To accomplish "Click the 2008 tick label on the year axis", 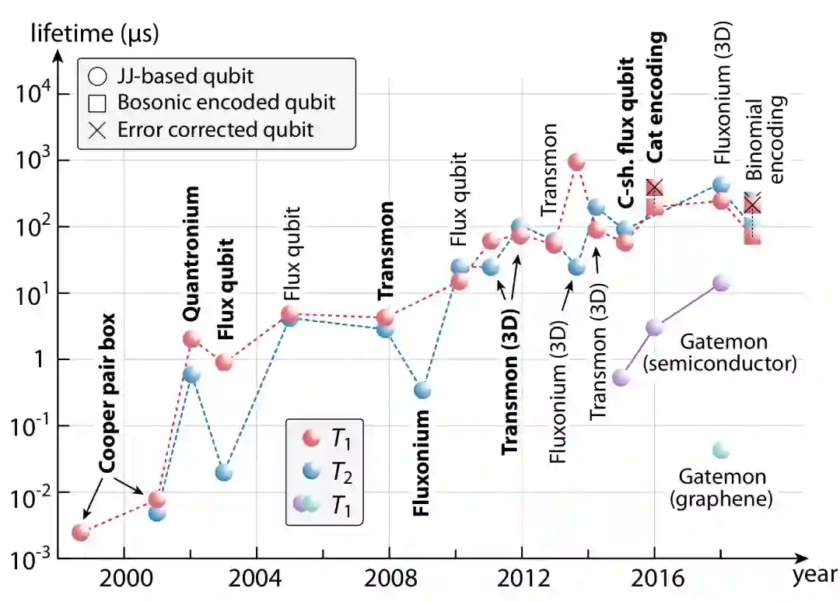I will pos(388,580).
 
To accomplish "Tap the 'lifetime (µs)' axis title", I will pos(96,33).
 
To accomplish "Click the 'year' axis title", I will pos(814,577).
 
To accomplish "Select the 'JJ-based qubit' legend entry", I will pos(185,77).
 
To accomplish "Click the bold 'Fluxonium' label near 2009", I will pos(421,464).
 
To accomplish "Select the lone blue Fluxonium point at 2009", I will pos(422,390).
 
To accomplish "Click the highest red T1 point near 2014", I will pos(576,163).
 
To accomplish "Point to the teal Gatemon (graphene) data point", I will pos(721,450).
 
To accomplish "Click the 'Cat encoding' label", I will pos(657,97).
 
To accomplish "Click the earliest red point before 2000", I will pos(81,533).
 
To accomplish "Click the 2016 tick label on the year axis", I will pos(654,580).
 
